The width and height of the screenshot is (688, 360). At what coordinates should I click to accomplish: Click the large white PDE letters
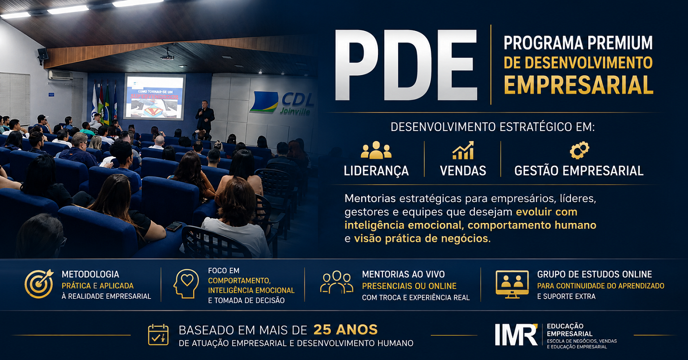pos(406,65)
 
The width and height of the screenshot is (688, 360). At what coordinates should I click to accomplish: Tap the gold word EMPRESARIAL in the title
pos(579,85)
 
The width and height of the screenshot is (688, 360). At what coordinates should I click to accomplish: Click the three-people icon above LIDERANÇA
pos(376,150)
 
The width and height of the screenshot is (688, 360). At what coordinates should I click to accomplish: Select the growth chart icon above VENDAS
pos(463,150)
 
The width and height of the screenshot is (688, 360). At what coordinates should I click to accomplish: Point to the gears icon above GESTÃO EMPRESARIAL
pos(579,150)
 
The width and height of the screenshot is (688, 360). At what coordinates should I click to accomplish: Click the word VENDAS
pos(463,170)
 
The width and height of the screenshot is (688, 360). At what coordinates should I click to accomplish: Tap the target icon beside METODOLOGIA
pos(39,283)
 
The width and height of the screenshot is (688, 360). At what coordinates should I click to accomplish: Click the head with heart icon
pos(186,283)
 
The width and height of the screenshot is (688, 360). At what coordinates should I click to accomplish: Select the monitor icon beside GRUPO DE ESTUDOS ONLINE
pos(512,284)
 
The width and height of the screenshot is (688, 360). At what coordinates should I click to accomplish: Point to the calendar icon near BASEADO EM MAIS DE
pos(158,335)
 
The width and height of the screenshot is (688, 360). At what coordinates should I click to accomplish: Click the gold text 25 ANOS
pos(345,330)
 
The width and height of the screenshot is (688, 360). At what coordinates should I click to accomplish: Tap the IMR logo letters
pos(516,334)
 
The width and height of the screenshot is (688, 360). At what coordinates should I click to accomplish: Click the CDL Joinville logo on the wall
pos(281,103)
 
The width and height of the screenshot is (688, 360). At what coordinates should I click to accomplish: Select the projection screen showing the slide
pos(154,97)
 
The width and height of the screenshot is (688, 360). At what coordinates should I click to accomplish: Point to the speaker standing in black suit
pos(204,118)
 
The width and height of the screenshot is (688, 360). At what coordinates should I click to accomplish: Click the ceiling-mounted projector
pos(168,57)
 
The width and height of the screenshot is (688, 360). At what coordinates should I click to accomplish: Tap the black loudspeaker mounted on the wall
pos(42,55)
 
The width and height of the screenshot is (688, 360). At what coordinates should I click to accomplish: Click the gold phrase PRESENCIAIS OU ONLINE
pos(409,286)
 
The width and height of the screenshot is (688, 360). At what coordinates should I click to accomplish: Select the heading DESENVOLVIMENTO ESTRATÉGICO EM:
pos(492,127)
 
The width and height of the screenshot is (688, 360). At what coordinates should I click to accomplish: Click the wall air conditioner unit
pos(60,75)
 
